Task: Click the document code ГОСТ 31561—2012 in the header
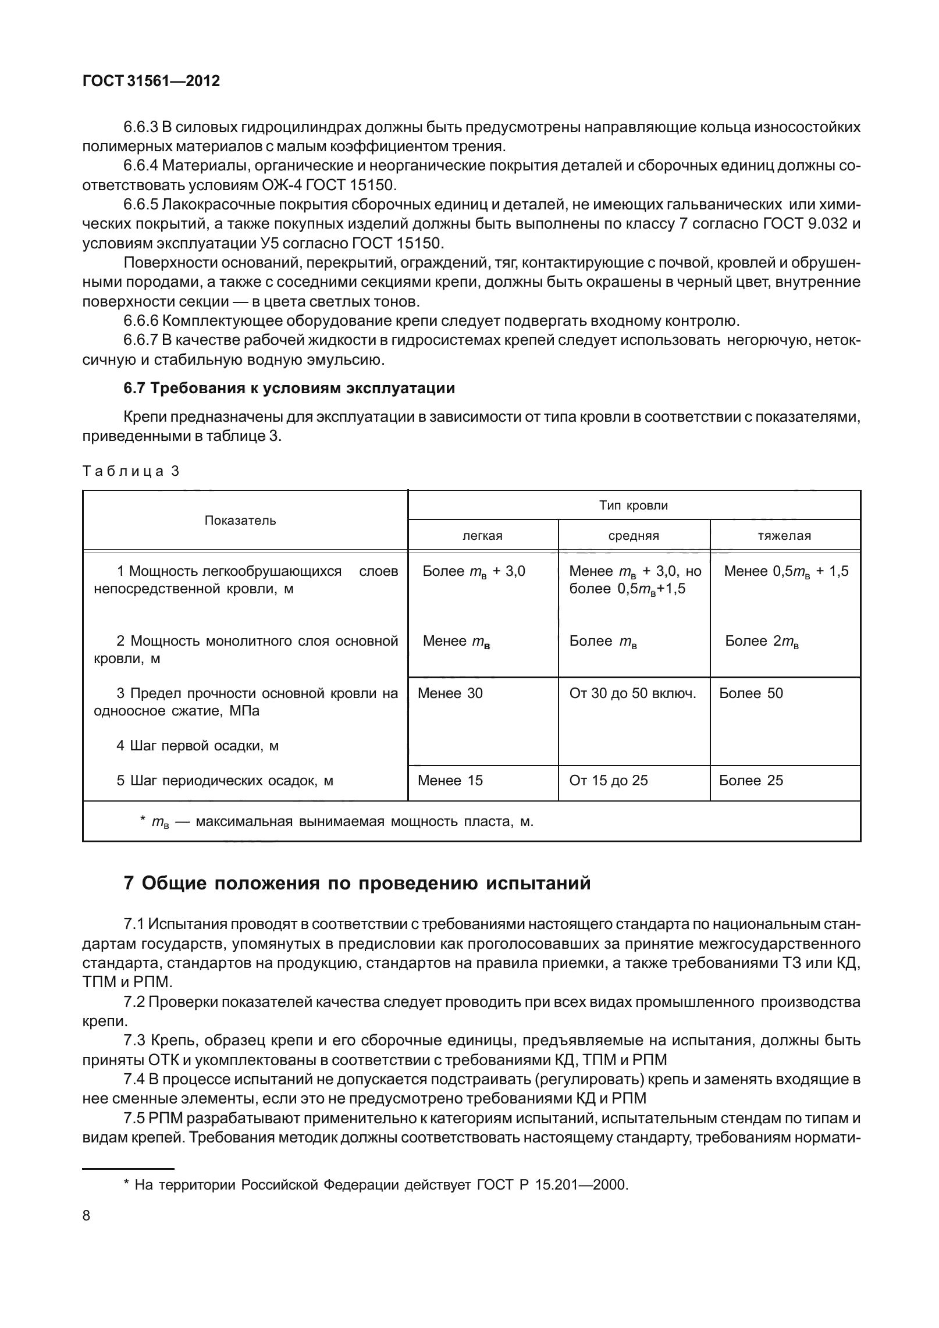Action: coord(151,81)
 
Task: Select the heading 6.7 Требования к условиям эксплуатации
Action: coord(289,389)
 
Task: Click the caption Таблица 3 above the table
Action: coord(131,471)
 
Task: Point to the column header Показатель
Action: coord(240,521)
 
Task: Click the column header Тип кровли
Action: coord(634,505)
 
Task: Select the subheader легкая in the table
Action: coord(482,536)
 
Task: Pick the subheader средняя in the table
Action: coord(634,536)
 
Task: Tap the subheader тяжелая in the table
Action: coord(784,536)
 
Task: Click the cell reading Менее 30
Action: coord(450,693)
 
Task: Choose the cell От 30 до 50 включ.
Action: coord(632,693)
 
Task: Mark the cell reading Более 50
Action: coord(751,693)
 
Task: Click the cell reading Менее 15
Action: coord(450,781)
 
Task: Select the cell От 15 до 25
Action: coord(609,781)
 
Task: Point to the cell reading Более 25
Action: coord(751,781)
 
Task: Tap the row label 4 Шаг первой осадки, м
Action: coord(197,746)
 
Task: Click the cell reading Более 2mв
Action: coord(762,642)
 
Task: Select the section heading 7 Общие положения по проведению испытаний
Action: coord(357,883)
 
